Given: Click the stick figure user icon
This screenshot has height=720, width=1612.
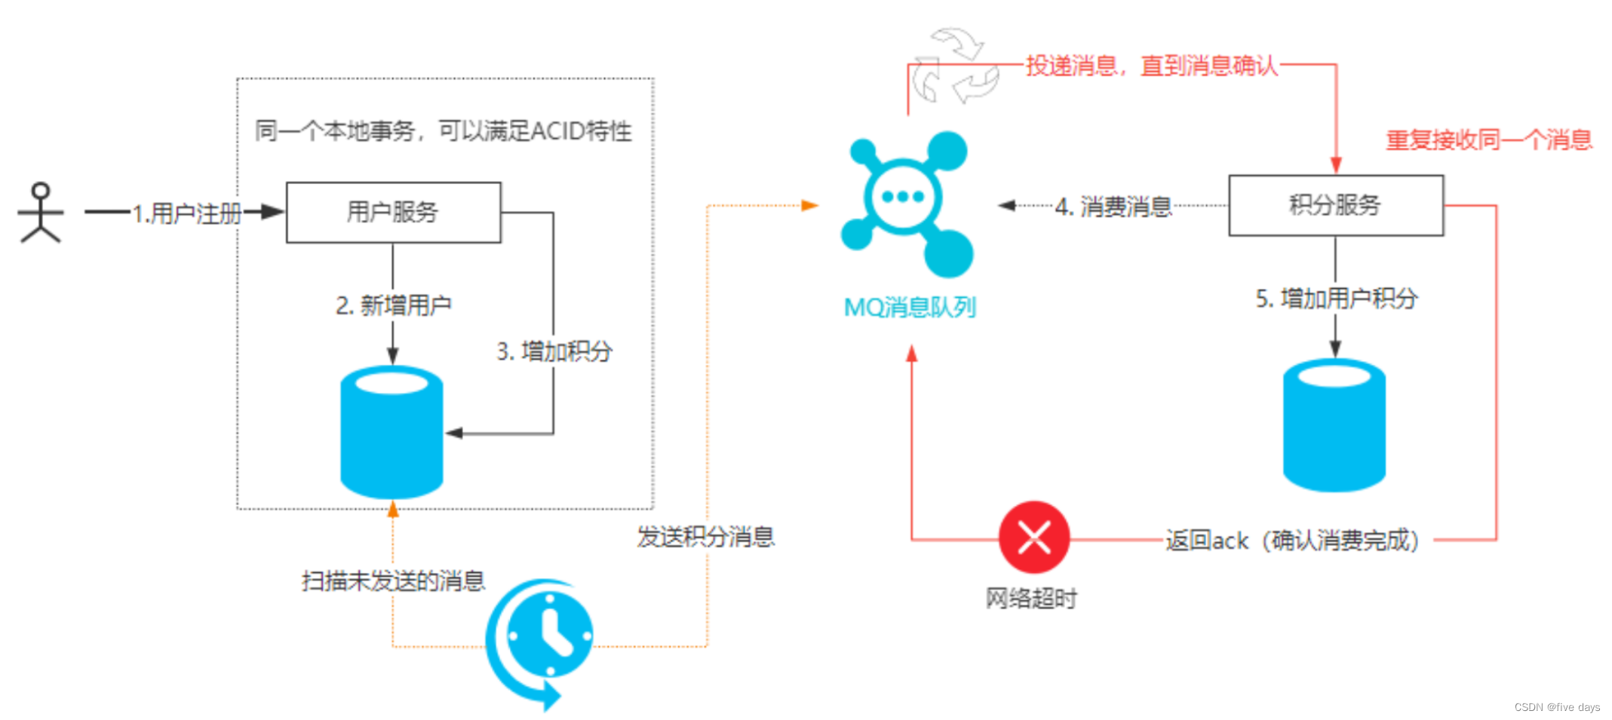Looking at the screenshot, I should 41,213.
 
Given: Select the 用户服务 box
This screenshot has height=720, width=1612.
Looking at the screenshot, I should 393,212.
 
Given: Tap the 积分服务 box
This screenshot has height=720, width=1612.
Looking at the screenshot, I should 1335,205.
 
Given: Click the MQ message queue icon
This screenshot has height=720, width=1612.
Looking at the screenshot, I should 907,202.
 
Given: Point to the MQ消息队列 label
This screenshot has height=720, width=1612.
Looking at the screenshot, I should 910,307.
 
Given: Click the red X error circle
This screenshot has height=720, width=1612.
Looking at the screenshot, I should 1033,538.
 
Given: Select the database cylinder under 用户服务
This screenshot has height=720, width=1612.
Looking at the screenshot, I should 391,432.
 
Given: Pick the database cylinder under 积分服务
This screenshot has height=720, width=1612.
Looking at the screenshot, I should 1334,425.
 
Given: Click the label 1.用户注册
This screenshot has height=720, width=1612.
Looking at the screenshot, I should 186,213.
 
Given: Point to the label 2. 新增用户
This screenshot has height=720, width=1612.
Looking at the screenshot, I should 394,305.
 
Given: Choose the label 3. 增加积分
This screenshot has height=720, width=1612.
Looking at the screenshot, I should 554,351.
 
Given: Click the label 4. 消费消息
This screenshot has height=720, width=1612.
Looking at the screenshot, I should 1113,207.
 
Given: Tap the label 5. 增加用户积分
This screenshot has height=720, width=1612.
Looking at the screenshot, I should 1337,299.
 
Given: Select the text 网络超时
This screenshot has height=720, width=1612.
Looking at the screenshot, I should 1031,599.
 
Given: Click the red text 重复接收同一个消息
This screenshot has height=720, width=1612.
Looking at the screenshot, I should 1489,140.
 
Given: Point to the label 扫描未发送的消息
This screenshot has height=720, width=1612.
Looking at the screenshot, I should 393,581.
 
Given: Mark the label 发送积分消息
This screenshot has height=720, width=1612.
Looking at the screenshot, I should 705,537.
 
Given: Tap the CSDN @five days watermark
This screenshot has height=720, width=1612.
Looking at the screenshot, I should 1557,707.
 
